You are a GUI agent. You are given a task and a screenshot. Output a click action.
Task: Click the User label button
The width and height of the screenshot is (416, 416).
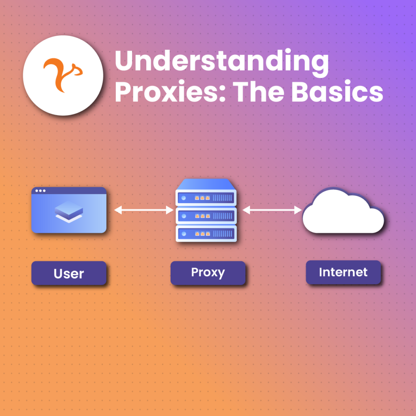coord(69,273)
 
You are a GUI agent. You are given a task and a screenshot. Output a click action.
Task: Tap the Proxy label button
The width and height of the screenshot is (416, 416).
coord(208,273)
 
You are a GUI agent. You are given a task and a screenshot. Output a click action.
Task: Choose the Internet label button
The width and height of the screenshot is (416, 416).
coord(343,272)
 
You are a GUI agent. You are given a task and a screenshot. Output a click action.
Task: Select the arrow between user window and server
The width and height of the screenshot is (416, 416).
coord(144,210)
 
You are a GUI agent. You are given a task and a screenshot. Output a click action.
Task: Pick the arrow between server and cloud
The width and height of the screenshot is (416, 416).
coord(272,210)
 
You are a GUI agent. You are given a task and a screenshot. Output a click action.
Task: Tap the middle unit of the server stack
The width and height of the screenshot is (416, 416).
coord(206,215)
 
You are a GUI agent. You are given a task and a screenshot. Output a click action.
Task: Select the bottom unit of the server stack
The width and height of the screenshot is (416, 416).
coord(206,234)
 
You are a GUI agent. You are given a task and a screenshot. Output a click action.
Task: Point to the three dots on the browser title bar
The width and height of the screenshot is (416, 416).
coord(41,191)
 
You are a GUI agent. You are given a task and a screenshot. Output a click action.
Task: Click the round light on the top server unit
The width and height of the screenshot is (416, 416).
coord(184,198)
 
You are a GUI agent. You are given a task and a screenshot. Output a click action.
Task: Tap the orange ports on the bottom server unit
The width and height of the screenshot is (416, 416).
coord(202,234)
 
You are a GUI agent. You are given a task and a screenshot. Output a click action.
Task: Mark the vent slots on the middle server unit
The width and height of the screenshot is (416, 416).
coord(223,215)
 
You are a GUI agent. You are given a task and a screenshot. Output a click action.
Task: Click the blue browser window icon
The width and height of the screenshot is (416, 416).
coord(69,210)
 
